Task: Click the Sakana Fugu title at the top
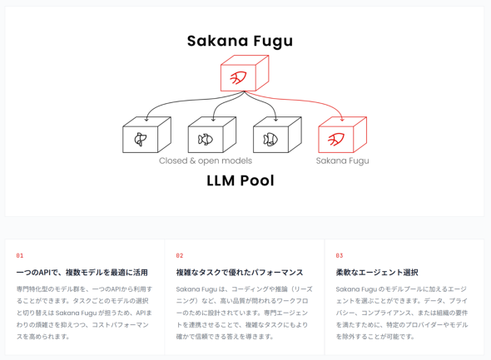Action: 240,41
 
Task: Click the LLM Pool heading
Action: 241,180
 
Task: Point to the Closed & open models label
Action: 206,160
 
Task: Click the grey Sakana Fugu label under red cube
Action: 342,160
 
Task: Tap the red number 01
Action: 20,255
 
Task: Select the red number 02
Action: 180,255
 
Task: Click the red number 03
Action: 340,255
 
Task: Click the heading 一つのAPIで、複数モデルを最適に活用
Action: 82,273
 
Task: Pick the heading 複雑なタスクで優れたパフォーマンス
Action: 240,273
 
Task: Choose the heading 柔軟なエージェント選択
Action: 377,273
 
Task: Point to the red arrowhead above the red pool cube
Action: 342,120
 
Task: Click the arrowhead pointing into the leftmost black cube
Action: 146,120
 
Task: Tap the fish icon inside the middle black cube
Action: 206,140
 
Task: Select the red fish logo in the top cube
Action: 238,77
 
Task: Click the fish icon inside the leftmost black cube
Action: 141,140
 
